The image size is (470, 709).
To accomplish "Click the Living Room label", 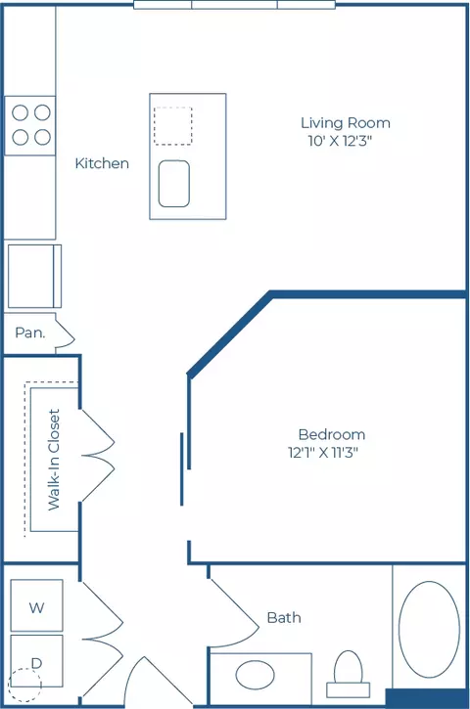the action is [x=346, y=122].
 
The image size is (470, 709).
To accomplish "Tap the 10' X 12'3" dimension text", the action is [x=340, y=141].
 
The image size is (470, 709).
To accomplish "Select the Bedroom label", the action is [x=332, y=434].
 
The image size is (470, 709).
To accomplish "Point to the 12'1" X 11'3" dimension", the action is [x=323, y=452].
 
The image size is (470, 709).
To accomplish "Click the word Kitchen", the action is [x=102, y=163].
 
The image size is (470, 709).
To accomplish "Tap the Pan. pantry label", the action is [x=30, y=332].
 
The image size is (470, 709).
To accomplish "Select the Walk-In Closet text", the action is [x=54, y=460].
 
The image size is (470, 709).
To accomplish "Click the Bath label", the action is [x=284, y=618].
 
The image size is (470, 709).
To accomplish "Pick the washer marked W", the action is [x=36, y=605].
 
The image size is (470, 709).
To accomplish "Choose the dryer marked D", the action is [x=36, y=661].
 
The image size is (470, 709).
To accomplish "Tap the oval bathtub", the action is [x=429, y=630].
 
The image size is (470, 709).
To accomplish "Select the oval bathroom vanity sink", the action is [x=255, y=675].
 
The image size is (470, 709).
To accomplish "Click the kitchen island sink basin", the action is [x=174, y=184].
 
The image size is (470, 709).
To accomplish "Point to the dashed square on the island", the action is [x=173, y=126].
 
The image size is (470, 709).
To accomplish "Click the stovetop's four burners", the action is [x=30, y=125].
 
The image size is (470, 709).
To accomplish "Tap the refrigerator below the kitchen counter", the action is [x=34, y=277].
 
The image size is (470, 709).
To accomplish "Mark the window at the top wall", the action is [x=235, y=5].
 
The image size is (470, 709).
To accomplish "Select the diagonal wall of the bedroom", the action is [x=229, y=334].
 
